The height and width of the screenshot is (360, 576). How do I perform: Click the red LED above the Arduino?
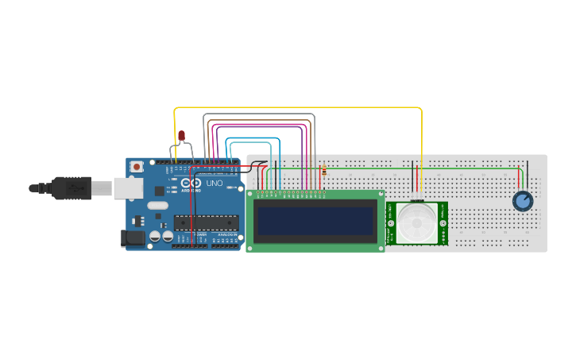tap(182, 136)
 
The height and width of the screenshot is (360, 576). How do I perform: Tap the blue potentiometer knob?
tap(522, 201)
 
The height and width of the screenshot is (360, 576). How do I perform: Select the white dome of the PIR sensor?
tap(417, 222)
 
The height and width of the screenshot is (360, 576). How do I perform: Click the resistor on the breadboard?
tap(323, 170)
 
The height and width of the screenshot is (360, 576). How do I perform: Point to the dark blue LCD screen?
tap(315, 221)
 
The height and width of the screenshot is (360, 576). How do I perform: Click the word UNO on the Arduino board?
tap(215, 184)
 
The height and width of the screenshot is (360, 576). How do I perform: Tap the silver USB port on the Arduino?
tap(127, 188)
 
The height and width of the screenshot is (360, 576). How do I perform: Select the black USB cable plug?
tap(72, 188)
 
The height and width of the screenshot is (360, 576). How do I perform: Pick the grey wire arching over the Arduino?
tap(262, 114)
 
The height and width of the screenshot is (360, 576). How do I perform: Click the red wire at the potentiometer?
tap(520, 177)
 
